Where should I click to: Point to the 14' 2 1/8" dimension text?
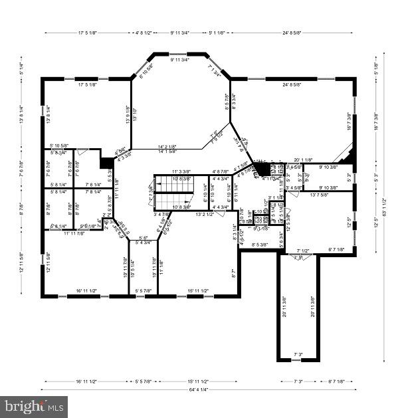click(x=167, y=146)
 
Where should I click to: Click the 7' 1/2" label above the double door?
click(x=302, y=251)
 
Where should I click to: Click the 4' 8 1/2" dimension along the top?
click(x=143, y=32)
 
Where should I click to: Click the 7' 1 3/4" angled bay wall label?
click(x=215, y=70)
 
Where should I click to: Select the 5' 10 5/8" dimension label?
click(x=62, y=146)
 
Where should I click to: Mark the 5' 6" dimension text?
click(x=142, y=237)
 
